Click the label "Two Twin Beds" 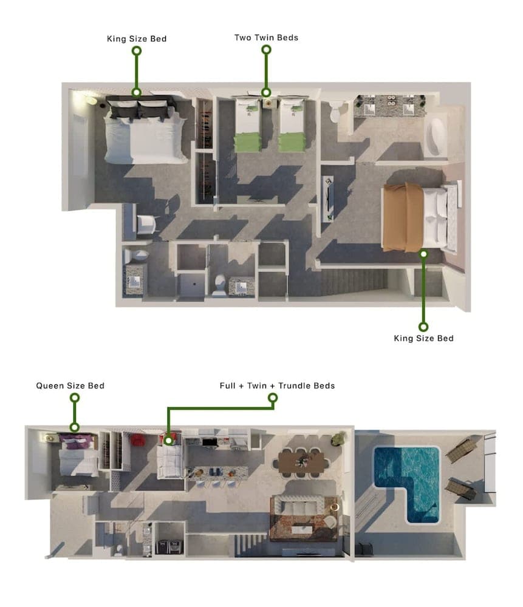pos(266,38)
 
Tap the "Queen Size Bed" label pos(70,385)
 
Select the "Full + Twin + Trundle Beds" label pos(277,385)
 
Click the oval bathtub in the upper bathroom pos(436,136)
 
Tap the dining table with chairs pos(301,463)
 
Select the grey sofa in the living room pos(298,506)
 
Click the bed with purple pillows pos(78,455)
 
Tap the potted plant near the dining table pos(339,438)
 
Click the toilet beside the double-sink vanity pos(334,110)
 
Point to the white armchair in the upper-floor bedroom pos(147,225)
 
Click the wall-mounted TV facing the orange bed pos(329,199)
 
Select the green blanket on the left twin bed pos(247,141)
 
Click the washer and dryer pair pos(169,547)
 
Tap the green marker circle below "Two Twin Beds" pos(266,92)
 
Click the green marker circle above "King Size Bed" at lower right pos(423,254)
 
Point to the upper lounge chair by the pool pos(461,449)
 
